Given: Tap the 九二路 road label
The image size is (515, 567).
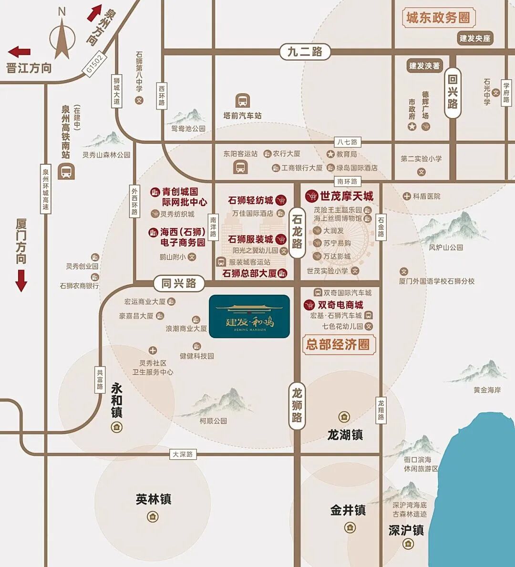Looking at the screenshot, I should (x=305, y=51).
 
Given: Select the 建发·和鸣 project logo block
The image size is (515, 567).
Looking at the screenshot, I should (x=249, y=317).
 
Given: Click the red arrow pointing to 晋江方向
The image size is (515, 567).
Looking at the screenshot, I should (x=20, y=52).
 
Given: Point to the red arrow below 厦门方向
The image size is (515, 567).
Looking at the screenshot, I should (x=21, y=280).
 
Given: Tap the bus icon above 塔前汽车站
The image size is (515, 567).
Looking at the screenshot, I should (x=243, y=101).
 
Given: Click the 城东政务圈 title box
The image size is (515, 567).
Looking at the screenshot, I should (x=438, y=18).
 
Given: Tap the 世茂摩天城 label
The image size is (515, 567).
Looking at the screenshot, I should (x=346, y=196).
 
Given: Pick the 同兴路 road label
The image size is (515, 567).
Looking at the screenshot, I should (x=179, y=283).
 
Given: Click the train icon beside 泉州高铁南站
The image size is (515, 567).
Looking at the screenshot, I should (x=66, y=171).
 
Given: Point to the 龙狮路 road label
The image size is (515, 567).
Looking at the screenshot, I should (x=297, y=406).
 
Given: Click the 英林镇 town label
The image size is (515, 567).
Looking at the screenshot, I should (x=153, y=499).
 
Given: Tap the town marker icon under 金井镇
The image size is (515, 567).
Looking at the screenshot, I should (x=350, y=527).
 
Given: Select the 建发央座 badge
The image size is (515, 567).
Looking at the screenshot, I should (x=474, y=39).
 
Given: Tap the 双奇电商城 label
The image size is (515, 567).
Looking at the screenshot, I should (x=340, y=305).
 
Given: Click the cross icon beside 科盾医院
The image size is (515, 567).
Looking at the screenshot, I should (x=407, y=196).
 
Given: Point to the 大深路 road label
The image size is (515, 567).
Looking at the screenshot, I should (x=183, y=454).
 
